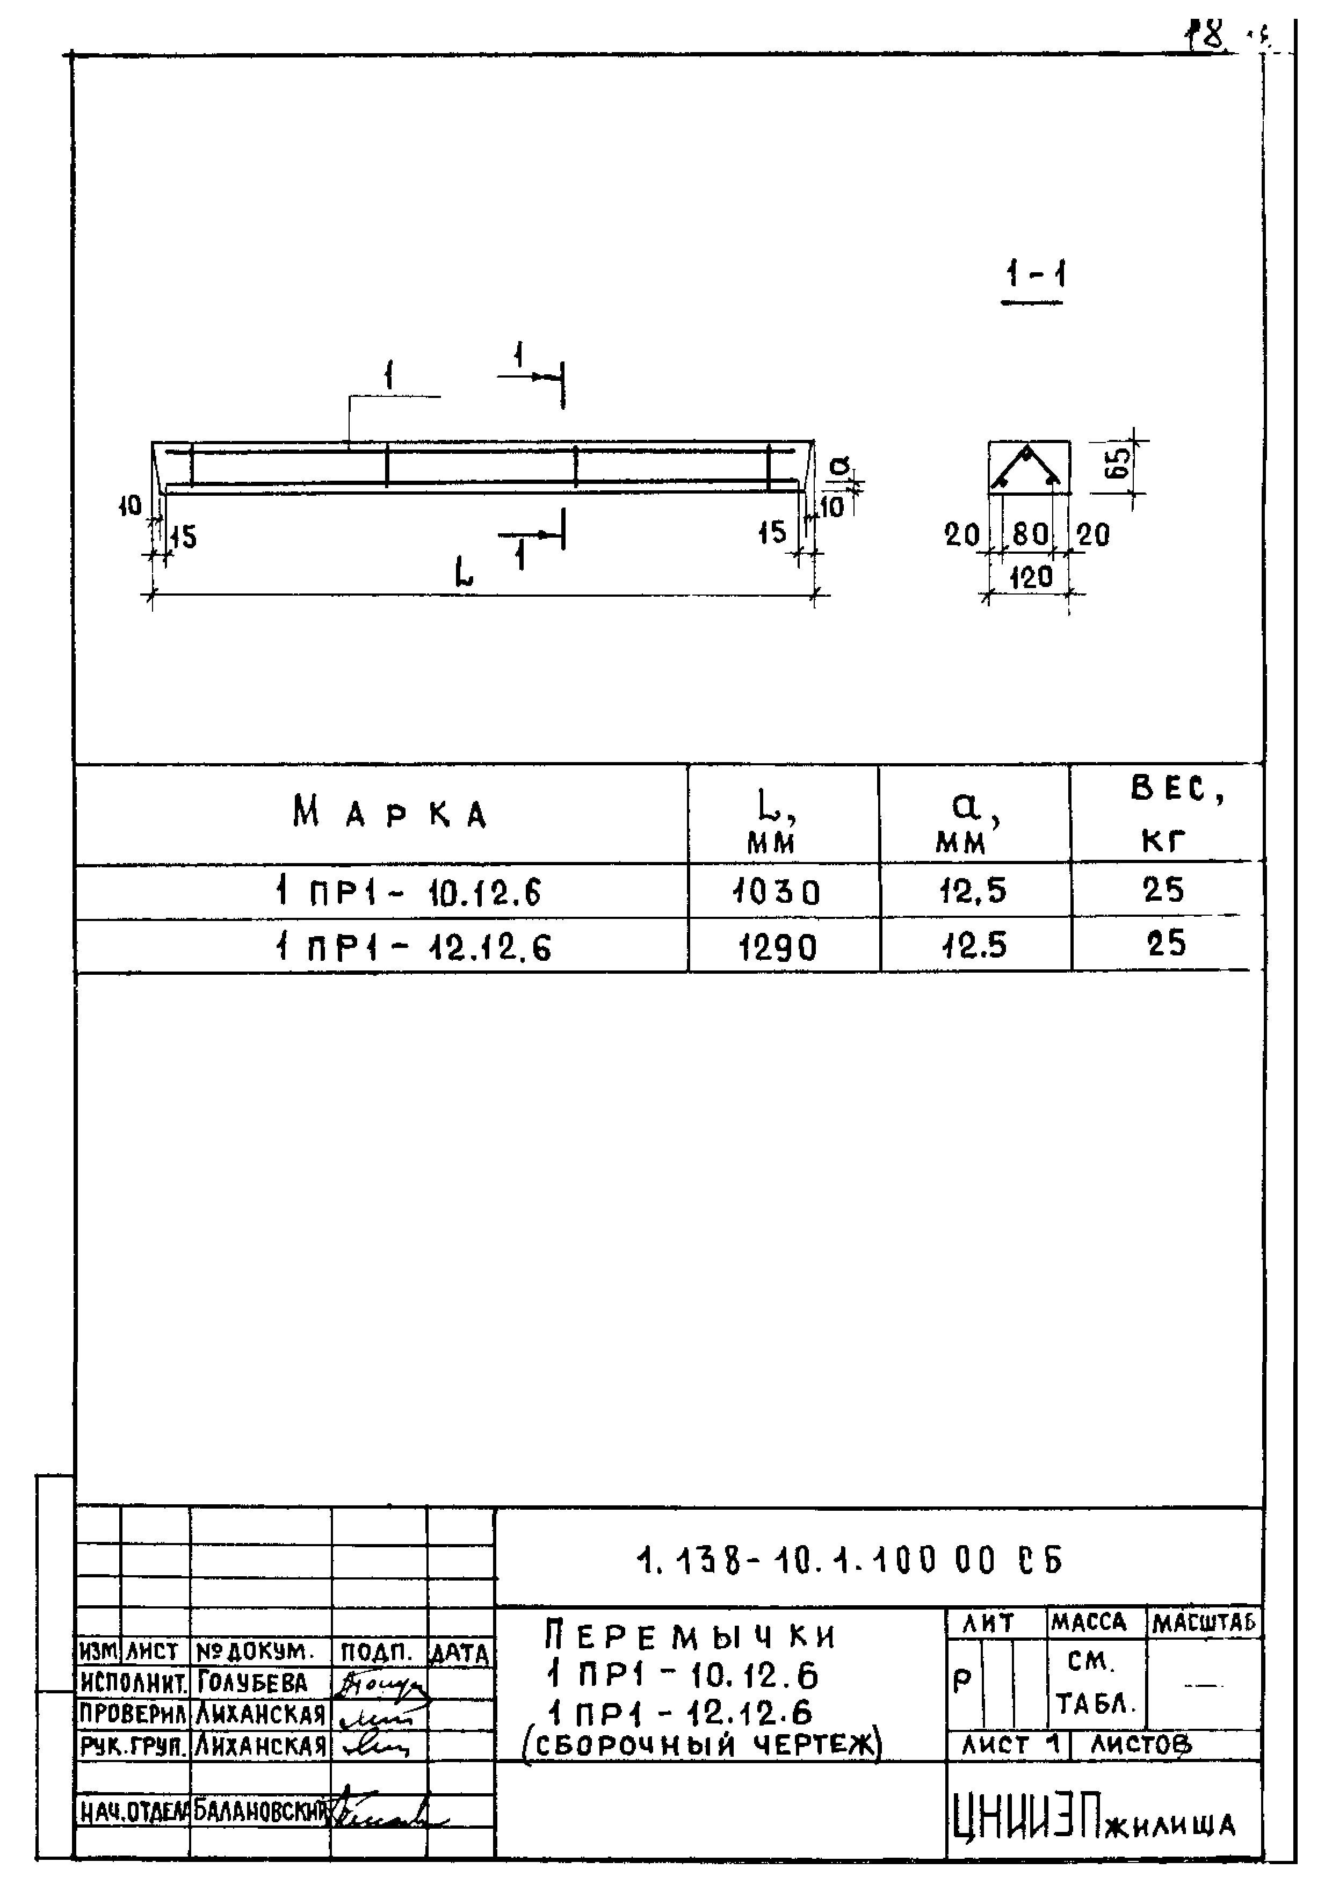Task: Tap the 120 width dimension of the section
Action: [x=1030, y=577]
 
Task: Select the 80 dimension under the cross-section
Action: [x=1030, y=535]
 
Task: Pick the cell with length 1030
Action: [x=777, y=891]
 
